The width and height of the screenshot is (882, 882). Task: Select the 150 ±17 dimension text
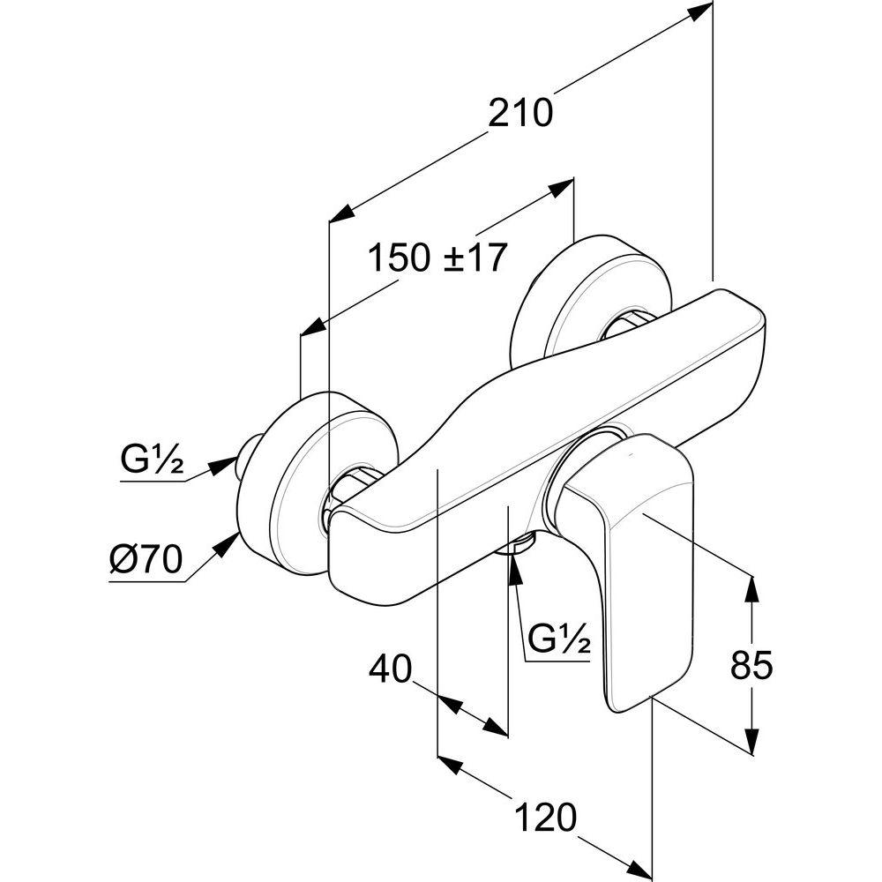click(437, 258)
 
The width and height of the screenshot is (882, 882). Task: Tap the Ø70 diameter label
click(146, 558)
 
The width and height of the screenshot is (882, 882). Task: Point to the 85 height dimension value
click(751, 665)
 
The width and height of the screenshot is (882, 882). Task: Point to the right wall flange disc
click(582, 300)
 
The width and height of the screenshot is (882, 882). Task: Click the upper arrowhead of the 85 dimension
click(752, 587)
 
